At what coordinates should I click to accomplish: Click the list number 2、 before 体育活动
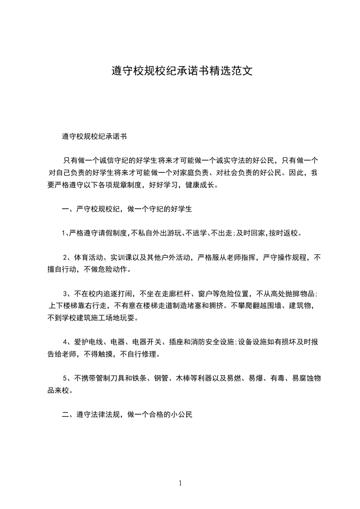(x=67, y=257)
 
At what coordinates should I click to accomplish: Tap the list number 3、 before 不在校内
(x=67, y=294)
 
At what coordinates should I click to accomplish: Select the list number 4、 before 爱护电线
(x=67, y=342)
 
